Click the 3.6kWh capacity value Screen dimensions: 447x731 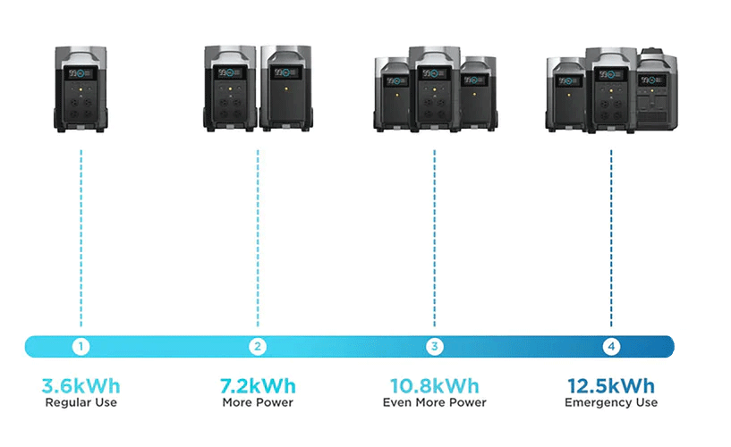click(x=81, y=387)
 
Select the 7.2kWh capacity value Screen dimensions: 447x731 click(x=258, y=387)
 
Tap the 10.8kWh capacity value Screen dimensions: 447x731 click(x=434, y=387)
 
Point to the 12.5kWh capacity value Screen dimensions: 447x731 click(x=611, y=387)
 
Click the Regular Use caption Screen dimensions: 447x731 click(x=81, y=403)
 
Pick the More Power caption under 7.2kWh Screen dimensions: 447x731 click(x=258, y=403)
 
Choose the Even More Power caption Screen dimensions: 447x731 click(x=434, y=403)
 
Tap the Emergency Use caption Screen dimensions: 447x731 click(x=611, y=403)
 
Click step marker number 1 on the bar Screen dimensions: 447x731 click(x=81, y=346)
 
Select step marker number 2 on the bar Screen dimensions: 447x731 click(x=258, y=346)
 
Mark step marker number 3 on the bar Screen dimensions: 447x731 click(x=434, y=346)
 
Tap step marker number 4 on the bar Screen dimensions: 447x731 click(x=611, y=346)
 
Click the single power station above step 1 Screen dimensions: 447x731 click(x=81, y=89)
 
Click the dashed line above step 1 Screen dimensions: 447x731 click(x=81, y=237)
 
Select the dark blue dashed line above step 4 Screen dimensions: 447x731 click(x=611, y=237)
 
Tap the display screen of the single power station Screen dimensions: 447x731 click(x=81, y=73)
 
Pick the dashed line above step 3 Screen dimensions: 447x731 click(x=434, y=237)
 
